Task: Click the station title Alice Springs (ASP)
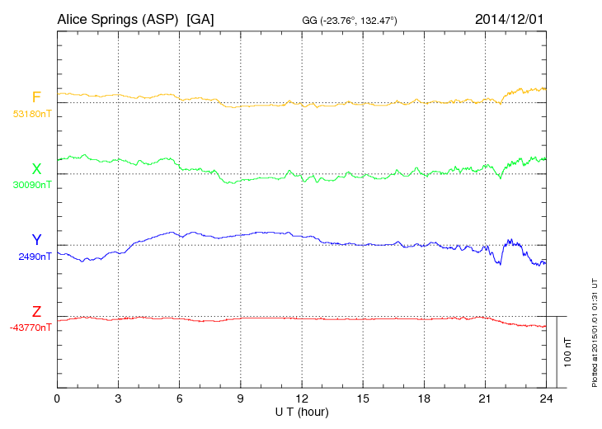point(117,19)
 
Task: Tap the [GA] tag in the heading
point(200,19)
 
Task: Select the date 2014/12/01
point(510,19)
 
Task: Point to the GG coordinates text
point(350,20)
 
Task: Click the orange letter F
point(36,97)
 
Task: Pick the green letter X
point(36,169)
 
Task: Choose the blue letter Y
point(36,240)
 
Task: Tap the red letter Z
point(36,312)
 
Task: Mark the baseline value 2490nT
point(35,257)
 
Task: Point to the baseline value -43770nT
point(31,328)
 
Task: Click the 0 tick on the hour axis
point(57,398)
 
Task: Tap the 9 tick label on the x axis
point(241,398)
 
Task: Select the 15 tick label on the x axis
point(363,398)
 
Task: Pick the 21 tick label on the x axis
point(485,398)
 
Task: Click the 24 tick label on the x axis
point(546,398)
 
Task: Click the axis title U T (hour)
point(302,411)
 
